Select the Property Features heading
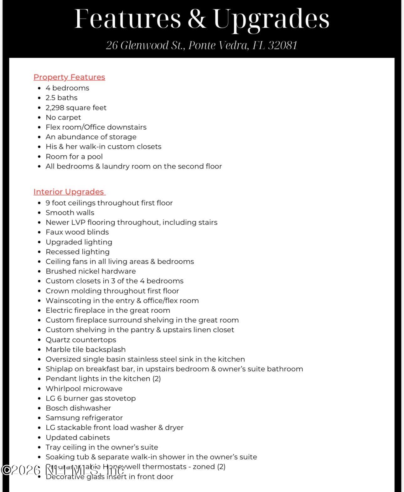coord(69,77)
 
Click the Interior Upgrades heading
coord(69,192)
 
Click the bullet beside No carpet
coord(39,117)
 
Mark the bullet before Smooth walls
coord(39,213)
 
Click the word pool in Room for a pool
coord(95,157)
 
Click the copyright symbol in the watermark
coord(6,470)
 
